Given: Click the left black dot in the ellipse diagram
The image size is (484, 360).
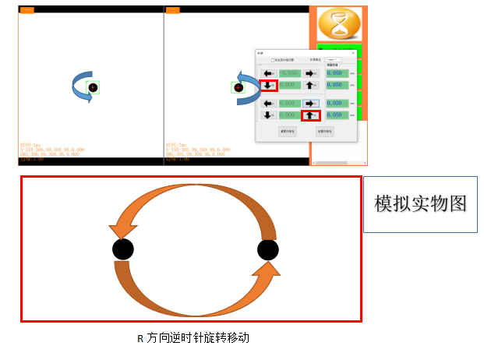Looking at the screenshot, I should (122, 249).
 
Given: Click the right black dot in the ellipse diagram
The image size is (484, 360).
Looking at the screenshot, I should (267, 249).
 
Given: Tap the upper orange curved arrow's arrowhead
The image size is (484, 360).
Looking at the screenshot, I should (122, 231).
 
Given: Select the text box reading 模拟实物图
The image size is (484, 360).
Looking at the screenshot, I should (420, 204).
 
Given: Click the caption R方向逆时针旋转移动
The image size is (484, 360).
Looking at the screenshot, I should (193, 338).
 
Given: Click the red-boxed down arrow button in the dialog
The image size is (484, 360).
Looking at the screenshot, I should (268, 85).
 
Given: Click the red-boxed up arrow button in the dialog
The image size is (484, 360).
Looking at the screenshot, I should (310, 115).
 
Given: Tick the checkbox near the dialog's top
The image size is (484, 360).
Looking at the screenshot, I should (272, 60).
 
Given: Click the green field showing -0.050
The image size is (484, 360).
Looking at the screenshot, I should (289, 73).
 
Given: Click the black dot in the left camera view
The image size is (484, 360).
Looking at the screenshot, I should (93, 88).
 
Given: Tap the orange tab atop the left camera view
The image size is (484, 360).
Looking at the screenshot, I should (26, 10).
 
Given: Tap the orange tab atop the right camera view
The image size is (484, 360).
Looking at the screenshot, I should (172, 10).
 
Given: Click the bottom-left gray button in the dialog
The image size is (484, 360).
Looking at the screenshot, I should (287, 132).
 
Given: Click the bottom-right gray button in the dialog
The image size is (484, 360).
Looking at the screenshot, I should (325, 132).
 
